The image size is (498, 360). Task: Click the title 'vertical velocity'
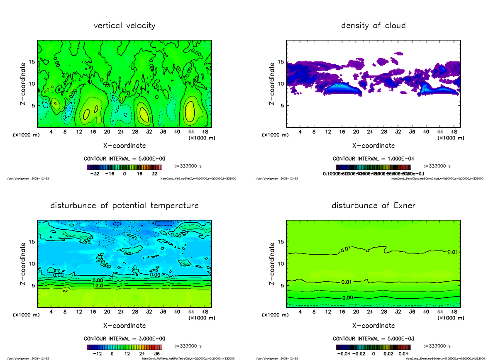(x=124, y=26)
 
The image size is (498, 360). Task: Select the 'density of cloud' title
(x=373, y=26)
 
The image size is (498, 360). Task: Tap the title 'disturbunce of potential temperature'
(x=124, y=206)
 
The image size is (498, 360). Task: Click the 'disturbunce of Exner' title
(x=373, y=206)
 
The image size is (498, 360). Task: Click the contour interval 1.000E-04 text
(x=373, y=159)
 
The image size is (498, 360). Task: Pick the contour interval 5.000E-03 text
(x=373, y=339)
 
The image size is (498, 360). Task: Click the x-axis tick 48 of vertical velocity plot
(x=205, y=132)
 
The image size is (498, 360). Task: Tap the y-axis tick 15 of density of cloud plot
(x=281, y=62)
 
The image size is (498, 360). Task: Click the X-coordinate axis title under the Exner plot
(x=373, y=326)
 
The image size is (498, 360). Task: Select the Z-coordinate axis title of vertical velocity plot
(x=24, y=83)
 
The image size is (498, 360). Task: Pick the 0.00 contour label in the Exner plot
(x=348, y=298)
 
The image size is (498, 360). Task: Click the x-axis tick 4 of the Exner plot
(x=300, y=312)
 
